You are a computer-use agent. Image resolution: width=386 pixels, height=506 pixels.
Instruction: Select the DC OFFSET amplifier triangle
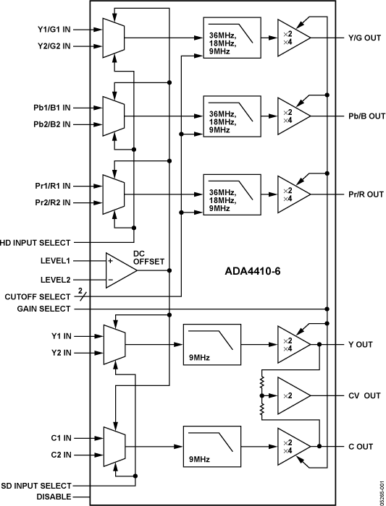119,270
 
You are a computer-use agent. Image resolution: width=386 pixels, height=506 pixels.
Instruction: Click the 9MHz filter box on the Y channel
211,344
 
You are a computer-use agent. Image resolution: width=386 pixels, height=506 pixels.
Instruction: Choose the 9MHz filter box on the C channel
211,447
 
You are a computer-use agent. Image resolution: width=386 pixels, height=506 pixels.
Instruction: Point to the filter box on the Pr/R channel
232,194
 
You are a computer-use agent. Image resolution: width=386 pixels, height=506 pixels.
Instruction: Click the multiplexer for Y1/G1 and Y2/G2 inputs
114,38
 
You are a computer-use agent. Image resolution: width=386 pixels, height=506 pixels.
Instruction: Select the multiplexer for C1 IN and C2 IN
114,447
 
